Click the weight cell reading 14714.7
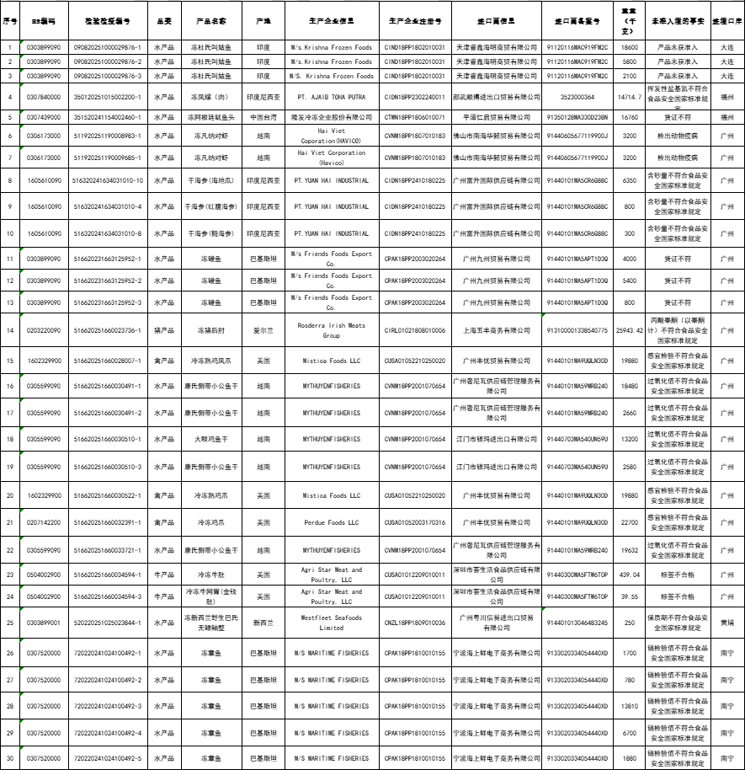(x=628, y=97)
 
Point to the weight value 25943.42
(x=628, y=330)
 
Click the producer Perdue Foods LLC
(x=331, y=522)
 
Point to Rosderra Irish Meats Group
(x=331, y=330)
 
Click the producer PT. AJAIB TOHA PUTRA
(x=331, y=97)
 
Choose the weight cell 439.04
(x=628, y=575)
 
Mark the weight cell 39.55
(x=628, y=596)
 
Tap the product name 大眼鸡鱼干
(x=211, y=439)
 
